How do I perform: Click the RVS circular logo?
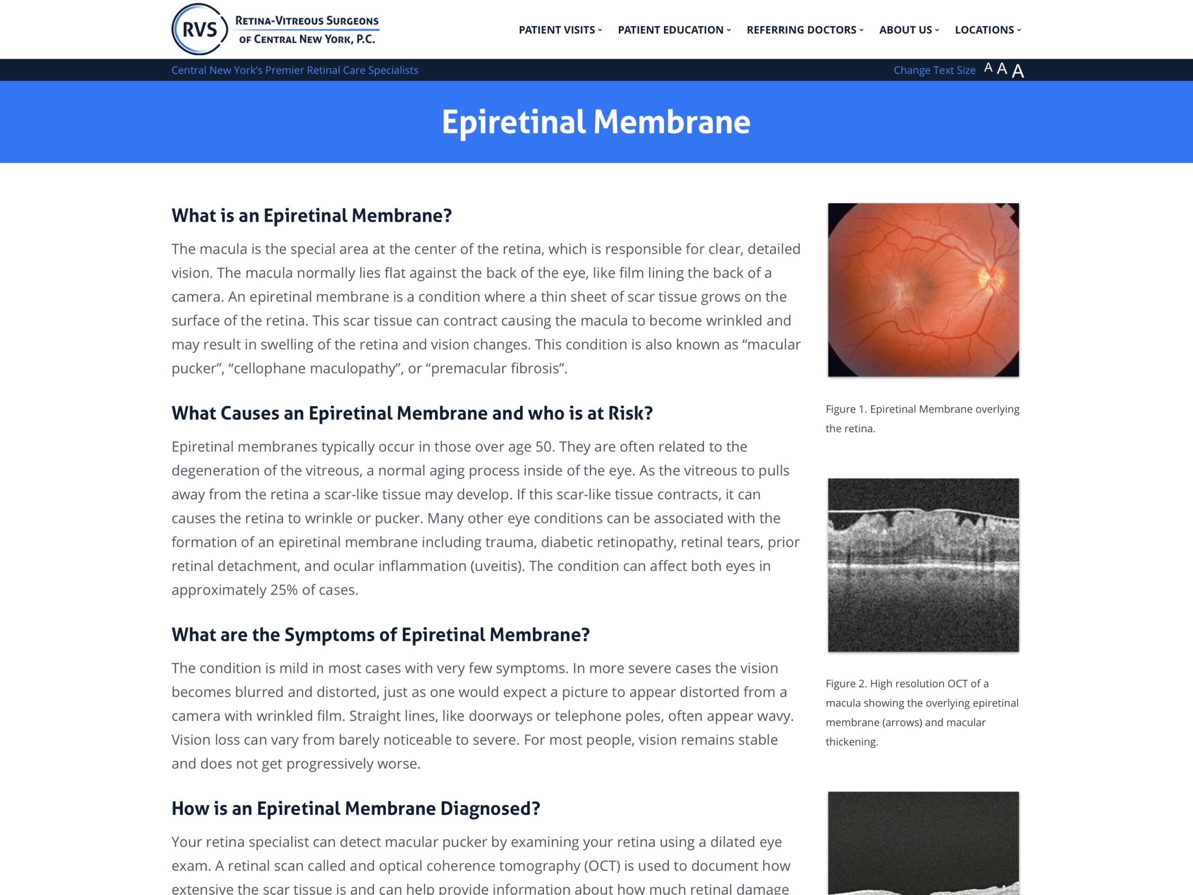199,29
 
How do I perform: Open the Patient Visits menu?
560,30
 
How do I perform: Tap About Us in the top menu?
908,30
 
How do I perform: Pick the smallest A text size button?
988,68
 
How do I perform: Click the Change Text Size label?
934,70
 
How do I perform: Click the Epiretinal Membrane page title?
596,122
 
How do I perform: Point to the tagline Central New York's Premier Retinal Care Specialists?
295,70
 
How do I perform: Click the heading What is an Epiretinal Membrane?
311,216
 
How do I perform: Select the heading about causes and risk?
412,413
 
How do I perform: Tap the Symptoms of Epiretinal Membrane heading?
380,635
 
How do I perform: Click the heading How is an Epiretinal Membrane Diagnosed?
356,809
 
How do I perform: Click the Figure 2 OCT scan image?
923,565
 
